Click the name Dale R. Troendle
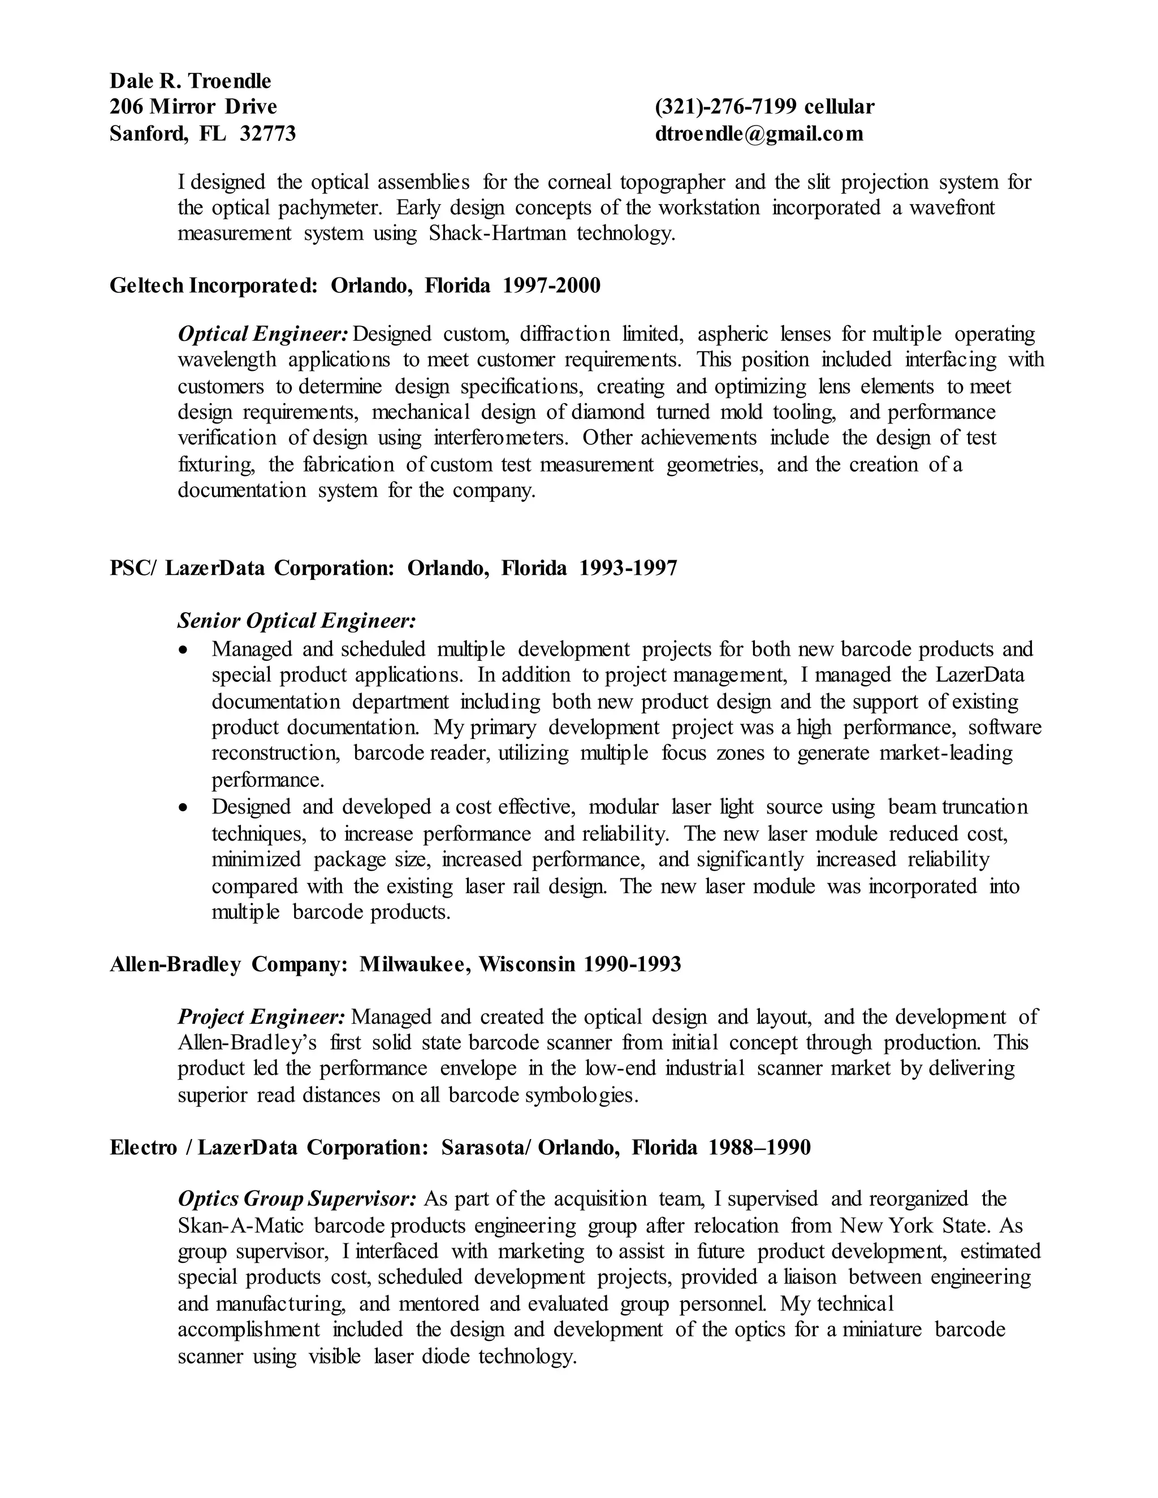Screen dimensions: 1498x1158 (x=190, y=81)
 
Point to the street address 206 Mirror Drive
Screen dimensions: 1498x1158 (x=193, y=107)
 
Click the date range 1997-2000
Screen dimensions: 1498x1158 (x=551, y=285)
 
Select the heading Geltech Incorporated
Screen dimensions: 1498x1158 (x=212, y=285)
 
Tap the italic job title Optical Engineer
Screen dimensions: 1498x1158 (x=263, y=334)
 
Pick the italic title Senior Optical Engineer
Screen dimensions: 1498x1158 (x=296, y=621)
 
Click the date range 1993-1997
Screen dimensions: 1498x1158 (x=628, y=568)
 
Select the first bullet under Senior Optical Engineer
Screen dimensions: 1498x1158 (x=183, y=650)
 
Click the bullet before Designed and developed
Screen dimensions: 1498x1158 (x=183, y=807)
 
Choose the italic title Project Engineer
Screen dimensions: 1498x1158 (x=261, y=1016)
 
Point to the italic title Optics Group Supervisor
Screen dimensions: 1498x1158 (x=296, y=1199)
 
